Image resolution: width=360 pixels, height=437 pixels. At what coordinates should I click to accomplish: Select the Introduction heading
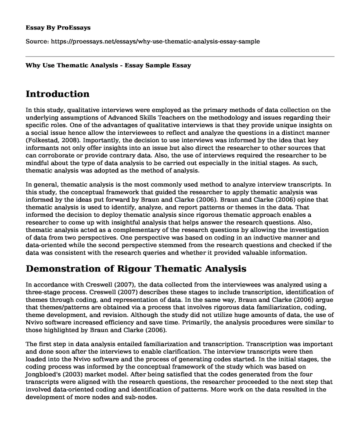tap(58, 94)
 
